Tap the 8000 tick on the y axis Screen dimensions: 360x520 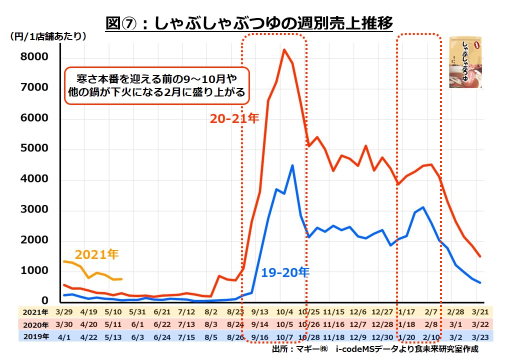(x=34, y=57)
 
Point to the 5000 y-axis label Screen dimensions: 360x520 (x=34, y=149)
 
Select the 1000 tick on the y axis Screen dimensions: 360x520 (x=34, y=271)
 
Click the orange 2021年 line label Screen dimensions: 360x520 (x=97, y=254)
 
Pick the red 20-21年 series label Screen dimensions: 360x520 (x=234, y=119)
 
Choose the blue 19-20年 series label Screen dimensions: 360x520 (x=285, y=272)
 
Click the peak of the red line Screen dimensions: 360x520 (x=284, y=49)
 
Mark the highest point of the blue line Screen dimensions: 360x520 (x=292, y=165)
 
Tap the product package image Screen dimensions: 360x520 (x=465, y=62)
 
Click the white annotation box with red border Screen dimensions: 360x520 (x=156, y=85)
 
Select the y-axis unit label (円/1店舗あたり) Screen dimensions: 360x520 (x=47, y=36)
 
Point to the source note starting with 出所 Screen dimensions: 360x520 (x=375, y=349)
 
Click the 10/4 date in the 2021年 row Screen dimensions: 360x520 (x=284, y=312)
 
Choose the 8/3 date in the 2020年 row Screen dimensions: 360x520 (x=210, y=324)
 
